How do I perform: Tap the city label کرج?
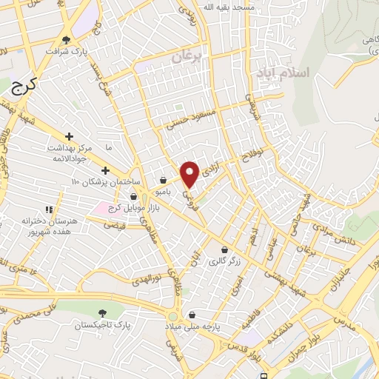pos(24,86)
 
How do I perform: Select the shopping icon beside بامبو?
pos(163,179)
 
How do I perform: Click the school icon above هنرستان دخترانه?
pos(50,209)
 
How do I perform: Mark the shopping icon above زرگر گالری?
pos(224,249)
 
